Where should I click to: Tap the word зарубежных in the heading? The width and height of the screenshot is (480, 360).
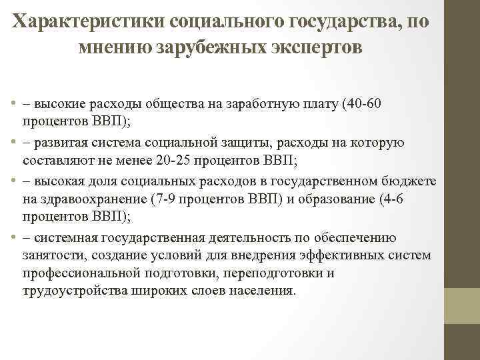coord(212,48)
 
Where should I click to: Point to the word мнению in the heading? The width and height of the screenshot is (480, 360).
coord(115,48)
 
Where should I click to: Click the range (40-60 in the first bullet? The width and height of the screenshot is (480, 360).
coord(359,106)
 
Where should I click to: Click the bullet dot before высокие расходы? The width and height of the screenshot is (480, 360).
coord(14,106)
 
